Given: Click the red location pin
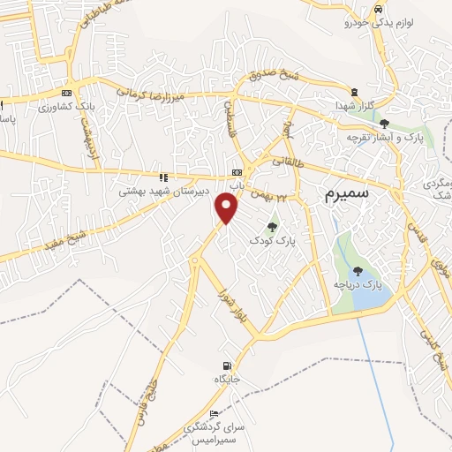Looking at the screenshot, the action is click(227, 208).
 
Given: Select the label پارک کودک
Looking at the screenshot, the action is click(270, 239).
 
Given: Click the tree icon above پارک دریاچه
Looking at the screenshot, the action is click(358, 271).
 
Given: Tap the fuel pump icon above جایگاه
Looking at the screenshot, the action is click(228, 365).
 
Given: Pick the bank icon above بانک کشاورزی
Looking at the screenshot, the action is click(67, 93).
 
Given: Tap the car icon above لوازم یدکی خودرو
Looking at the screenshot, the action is click(378, 8).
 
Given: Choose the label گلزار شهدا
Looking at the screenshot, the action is click(354, 105).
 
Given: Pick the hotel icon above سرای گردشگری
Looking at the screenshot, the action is click(215, 413).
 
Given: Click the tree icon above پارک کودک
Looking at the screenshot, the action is click(270, 227).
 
